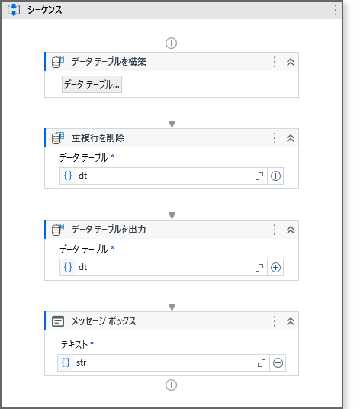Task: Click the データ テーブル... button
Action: pos(92,84)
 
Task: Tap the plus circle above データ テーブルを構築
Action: pos(172,43)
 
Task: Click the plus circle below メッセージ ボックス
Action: pos(172,385)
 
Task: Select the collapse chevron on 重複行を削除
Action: pos(291,138)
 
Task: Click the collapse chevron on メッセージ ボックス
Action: pos(291,321)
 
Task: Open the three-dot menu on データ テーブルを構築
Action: pos(275,62)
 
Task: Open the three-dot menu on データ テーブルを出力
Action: pos(275,230)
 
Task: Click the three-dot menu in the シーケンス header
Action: pos(336,10)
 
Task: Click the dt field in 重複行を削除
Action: pos(163,176)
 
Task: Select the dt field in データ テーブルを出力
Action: pos(163,267)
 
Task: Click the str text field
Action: pos(163,362)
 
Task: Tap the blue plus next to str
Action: pos(278,362)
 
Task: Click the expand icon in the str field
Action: pos(262,363)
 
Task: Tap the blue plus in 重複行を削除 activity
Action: pos(275,176)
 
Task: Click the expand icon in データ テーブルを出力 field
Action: pos(259,268)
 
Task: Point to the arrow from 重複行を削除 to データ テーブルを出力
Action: pos(172,204)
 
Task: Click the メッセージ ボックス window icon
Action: pos(58,321)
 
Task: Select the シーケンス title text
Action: pos(44,10)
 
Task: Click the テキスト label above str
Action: pos(74,345)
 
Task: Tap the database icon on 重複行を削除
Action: pos(58,138)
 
